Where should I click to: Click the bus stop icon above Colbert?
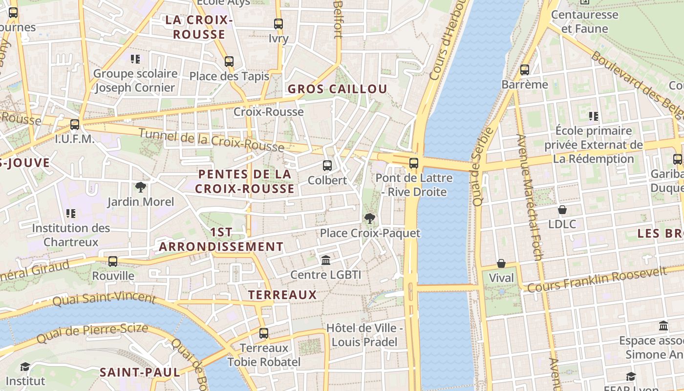tap(327, 166)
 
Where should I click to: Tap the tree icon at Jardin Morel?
tap(141, 187)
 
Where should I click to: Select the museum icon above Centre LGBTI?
tap(325, 260)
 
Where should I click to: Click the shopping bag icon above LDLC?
tap(562, 210)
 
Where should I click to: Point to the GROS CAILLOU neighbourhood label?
tap(337, 89)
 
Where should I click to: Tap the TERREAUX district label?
tap(282, 295)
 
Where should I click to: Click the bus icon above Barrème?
tap(525, 70)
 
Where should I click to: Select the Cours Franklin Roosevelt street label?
tap(597, 279)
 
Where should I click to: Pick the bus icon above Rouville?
tap(113, 261)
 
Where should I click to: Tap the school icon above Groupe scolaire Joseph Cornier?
tap(135, 59)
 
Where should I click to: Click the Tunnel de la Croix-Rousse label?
tap(211, 140)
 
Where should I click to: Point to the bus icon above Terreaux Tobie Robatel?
tap(264, 333)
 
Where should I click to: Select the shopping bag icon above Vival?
tap(501, 263)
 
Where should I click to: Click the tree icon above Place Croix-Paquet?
tap(370, 218)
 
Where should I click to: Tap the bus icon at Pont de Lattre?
tap(414, 163)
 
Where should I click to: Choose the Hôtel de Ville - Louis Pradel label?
tap(364, 335)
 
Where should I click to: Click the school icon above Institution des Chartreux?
tap(71, 214)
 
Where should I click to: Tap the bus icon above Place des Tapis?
tap(229, 62)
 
